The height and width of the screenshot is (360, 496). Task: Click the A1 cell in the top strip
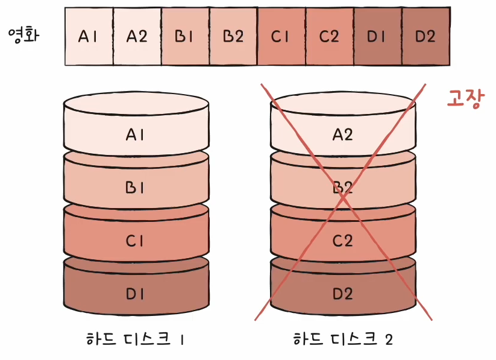pos(89,36)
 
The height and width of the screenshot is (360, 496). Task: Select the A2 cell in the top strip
pos(137,36)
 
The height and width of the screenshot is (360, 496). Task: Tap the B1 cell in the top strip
pos(185,36)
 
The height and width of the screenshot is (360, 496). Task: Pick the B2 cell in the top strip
pos(233,36)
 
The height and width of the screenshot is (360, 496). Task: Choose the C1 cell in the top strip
pos(281,36)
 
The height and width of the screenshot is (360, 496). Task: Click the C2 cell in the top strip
pos(329,36)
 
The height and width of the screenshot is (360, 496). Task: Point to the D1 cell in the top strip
pos(377,36)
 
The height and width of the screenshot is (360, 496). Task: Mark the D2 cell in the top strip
pos(425,36)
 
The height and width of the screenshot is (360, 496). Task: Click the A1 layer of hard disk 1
pos(136,134)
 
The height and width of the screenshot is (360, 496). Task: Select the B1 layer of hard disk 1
pos(136,188)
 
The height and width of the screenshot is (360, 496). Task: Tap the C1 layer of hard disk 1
pos(136,241)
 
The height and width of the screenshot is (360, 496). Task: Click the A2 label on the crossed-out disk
pos(343,134)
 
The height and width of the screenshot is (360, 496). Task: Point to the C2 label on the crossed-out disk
pos(343,241)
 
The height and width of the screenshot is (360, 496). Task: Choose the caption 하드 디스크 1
pos(136,339)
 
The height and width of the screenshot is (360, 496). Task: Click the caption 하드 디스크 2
pos(343,339)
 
